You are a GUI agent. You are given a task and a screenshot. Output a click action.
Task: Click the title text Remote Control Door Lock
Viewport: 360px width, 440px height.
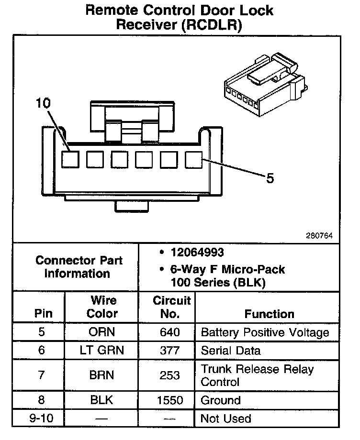tap(180, 11)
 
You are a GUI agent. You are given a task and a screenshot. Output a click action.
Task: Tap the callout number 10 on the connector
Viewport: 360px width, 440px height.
tap(43, 103)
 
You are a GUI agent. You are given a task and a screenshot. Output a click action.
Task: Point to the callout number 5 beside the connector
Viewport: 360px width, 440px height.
tap(270, 178)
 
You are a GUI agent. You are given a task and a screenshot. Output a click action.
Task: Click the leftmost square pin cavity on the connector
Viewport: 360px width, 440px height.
tap(70, 159)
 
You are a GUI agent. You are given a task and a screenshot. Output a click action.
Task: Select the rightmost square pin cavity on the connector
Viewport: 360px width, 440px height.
tap(193, 159)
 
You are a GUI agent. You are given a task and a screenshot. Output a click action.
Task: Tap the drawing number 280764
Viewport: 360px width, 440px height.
tap(319, 236)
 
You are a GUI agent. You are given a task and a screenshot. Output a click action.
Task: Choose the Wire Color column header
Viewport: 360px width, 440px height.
tap(102, 307)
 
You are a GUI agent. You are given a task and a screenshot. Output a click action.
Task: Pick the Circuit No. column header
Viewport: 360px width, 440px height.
tap(171, 307)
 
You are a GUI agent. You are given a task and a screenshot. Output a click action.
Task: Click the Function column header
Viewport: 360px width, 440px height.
tap(269, 314)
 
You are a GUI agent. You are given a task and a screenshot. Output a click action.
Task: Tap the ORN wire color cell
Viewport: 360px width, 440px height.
tap(102, 332)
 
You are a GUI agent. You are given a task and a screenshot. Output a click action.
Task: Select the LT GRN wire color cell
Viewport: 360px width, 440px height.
tap(102, 351)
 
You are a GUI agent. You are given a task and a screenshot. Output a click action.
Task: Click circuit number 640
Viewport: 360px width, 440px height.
tap(170, 332)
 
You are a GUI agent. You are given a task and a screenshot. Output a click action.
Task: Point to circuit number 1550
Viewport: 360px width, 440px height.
tap(170, 400)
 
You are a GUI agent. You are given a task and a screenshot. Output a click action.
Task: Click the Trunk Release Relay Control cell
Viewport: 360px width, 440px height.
tap(257, 375)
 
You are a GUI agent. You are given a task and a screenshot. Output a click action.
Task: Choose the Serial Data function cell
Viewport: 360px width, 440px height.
tap(231, 351)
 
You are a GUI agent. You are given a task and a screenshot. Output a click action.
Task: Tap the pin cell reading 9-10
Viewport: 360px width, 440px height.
tap(41, 418)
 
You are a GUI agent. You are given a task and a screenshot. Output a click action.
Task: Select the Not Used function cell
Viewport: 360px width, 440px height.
tap(225, 418)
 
